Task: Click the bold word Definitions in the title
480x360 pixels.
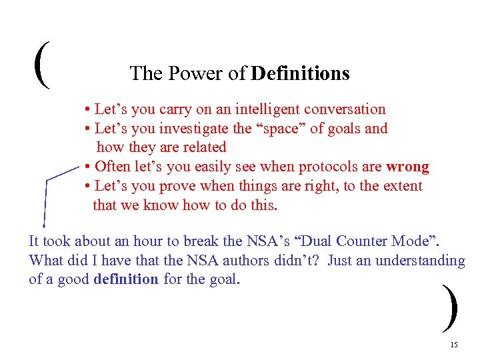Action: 301,73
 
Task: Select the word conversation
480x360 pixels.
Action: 346,109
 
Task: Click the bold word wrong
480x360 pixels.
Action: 407,167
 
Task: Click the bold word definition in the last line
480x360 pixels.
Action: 126,279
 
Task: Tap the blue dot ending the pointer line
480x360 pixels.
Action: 44,226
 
